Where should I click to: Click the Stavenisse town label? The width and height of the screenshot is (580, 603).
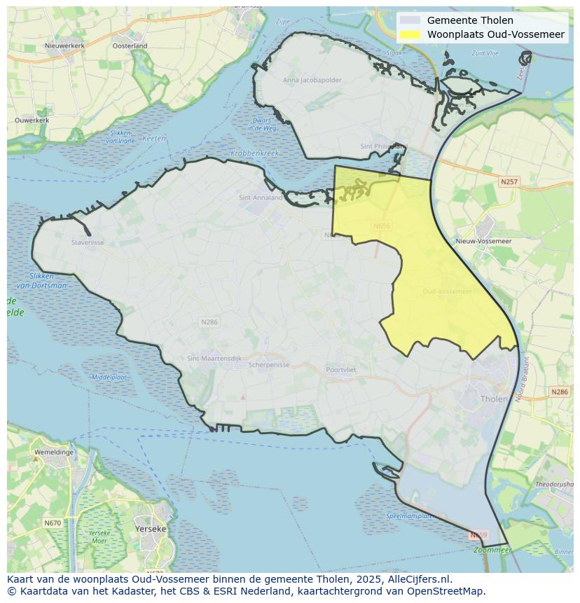[88, 243]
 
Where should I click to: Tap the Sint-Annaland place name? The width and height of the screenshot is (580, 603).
[261, 197]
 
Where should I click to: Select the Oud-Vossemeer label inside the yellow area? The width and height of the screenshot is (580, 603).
[448, 291]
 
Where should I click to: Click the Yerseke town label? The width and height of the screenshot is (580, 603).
[151, 529]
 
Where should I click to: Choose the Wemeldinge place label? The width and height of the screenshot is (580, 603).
[54, 452]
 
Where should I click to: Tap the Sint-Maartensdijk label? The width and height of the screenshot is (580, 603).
[214, 359]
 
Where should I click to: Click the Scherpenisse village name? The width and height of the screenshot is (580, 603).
[269, 365]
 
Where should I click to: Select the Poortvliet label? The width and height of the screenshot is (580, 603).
[341, 369]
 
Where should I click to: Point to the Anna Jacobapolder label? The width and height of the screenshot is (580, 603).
[312, 80]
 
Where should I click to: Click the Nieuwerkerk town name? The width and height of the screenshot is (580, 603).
[64, 46]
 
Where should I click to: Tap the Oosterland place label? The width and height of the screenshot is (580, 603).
[130, 46]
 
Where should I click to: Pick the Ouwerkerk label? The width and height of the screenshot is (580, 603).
[32, 120]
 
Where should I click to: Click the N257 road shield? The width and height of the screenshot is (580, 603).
[509, 181]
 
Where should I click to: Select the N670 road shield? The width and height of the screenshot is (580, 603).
[53, 522]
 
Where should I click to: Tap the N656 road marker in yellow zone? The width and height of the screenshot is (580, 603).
[382, 226]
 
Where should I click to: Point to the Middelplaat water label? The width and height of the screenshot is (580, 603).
[109, 377]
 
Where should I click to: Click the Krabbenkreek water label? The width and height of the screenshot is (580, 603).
[255, 153]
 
